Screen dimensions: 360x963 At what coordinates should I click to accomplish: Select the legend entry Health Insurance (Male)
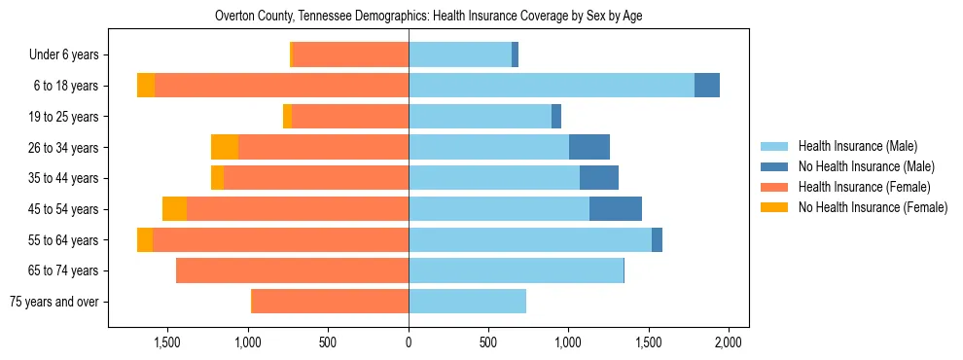857,146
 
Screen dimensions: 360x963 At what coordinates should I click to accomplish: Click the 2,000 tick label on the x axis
729,342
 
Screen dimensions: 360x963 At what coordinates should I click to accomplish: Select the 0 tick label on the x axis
409,342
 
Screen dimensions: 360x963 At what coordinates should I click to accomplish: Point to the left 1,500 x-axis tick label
167,342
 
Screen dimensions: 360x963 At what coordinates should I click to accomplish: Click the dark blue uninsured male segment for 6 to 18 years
707,86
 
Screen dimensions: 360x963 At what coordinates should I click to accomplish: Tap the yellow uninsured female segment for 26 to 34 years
225,147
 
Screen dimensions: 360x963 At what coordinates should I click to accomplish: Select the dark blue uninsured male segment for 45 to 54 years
616,209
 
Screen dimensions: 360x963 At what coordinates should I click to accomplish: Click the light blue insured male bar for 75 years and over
467,302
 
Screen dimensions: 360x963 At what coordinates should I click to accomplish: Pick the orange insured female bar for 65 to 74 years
292,270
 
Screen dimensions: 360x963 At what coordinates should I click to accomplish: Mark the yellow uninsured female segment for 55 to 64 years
145,239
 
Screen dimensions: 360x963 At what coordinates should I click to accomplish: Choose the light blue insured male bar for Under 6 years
460,55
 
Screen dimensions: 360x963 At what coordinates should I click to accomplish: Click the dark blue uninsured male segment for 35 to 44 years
599,178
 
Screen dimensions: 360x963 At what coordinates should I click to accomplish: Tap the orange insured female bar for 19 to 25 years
350,117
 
